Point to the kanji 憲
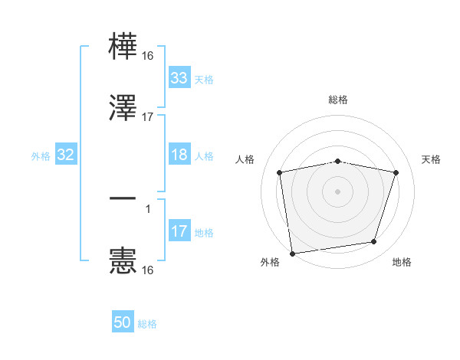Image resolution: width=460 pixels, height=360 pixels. pyautogui.click(x=123, y=260)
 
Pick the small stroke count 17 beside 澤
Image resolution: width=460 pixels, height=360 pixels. pyautogui.click(x=149, y=117)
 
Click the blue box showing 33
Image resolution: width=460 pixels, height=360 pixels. pyautogui.click(x=179, y=78)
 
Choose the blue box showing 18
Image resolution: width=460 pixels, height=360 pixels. pyautogui.click(x=179, y=155)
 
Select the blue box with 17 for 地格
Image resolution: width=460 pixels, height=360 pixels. pyautogui.click(x=179, y=231)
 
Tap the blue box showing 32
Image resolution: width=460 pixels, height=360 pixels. pyautogui.click(x=65, y=155)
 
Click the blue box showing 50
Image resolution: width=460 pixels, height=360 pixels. pyautogui.click(x=123, y=322)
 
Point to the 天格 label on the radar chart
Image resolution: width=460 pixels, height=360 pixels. pyautogui.click(x=432, y=159)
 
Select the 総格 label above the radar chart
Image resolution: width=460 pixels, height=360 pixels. pyautogui.click(x=338, y=100)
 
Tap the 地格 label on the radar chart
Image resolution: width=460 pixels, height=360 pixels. pyautogui.click(x=402, y=263)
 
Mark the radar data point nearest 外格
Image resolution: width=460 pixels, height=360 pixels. pyautogui.click(x=292, y=253)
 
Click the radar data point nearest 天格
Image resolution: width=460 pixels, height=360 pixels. pyautogui.click(x=396, y=172)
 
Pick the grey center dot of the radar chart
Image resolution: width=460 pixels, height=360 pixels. pyautogui.click(x=338, y=191)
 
